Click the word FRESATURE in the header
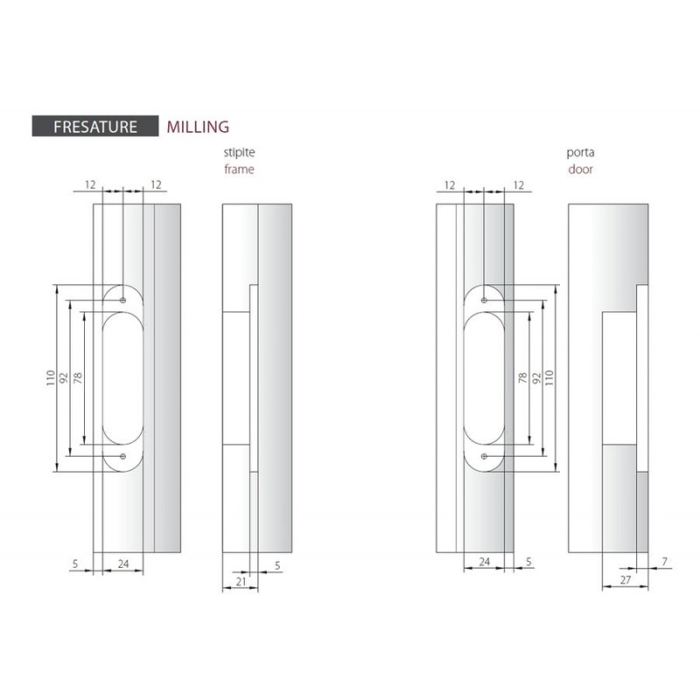click(x=95, y=127)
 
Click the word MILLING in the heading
click(x=198, y=127)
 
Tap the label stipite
click(x=239, y=152)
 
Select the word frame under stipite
click(x=239, y=169)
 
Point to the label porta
click(x=580, y=152)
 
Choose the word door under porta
click(x=580, y=169)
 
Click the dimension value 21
click(x=241, y=582)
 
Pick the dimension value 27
click(x=626, y=580)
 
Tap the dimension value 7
click(x=665, y=562)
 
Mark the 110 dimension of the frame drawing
click(x=51, y=378)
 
